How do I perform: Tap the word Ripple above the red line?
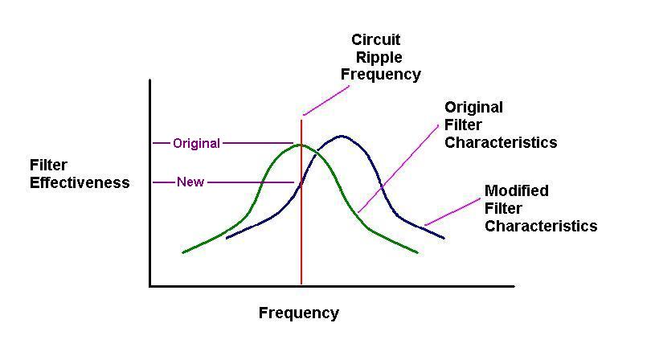click(x=379, y=57)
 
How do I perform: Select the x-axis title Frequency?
click(x=299, y=313)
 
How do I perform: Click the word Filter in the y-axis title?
click(x=48, y=166)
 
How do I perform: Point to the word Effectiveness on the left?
click(x=80, y=182)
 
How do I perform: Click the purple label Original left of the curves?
click(x=196, y=144)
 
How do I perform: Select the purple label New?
click(x=190, y=182)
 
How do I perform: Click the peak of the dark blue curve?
click(x=342, y=137)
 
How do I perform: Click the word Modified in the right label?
click(x=517, y=191)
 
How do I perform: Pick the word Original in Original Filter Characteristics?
click(x=474, y=108)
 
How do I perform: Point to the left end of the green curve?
click(x=184, y=252)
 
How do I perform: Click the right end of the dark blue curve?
click(x=444, y=238)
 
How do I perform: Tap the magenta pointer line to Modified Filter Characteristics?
click(x=452, y=212)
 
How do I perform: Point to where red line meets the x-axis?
click(x=301, y=285)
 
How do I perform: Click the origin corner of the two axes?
click(x=150, y=285)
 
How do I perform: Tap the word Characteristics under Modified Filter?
click(x=541, y=226)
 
